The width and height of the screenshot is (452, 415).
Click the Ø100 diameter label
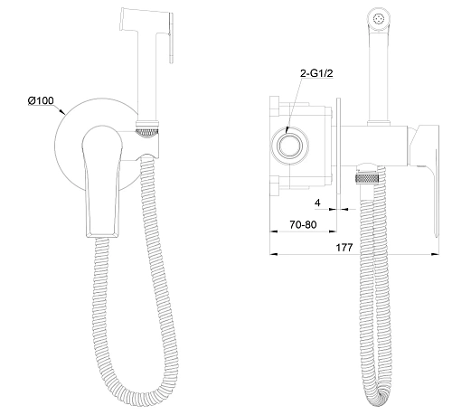41,100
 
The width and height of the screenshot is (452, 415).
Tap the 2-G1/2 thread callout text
316,73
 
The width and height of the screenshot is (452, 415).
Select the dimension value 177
344,248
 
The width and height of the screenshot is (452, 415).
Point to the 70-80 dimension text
303,224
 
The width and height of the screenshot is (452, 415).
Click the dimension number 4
317,203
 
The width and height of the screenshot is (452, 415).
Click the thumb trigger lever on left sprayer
172,38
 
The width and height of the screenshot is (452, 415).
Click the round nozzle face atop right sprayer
379,19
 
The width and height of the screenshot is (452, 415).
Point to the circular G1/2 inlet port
290,146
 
